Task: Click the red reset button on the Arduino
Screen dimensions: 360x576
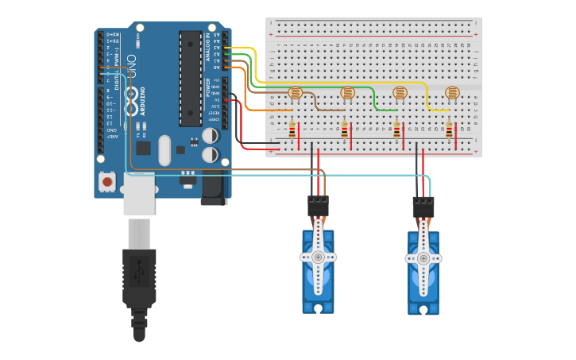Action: coord(106,182)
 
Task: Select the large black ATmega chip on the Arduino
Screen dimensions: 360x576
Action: coord(190,79)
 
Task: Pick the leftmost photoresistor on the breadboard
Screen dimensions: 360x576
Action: coord(295,93)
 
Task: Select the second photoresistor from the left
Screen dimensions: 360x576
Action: coord(347,93)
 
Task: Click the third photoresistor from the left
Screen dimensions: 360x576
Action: coord(400,93)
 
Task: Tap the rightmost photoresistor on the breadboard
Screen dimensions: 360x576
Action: coord(452,93)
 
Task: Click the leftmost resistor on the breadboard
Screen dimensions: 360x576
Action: coord(292,130)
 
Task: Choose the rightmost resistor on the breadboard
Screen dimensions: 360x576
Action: coord(450,130)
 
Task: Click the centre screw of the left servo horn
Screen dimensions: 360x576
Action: coord(318,257)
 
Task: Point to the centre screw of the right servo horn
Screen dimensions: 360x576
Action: coord(423,257)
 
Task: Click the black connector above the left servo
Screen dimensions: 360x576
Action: coord(318,206)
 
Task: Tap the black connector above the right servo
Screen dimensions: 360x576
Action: coord(423,207)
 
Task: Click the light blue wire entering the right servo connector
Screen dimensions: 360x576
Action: coord(430,187)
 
